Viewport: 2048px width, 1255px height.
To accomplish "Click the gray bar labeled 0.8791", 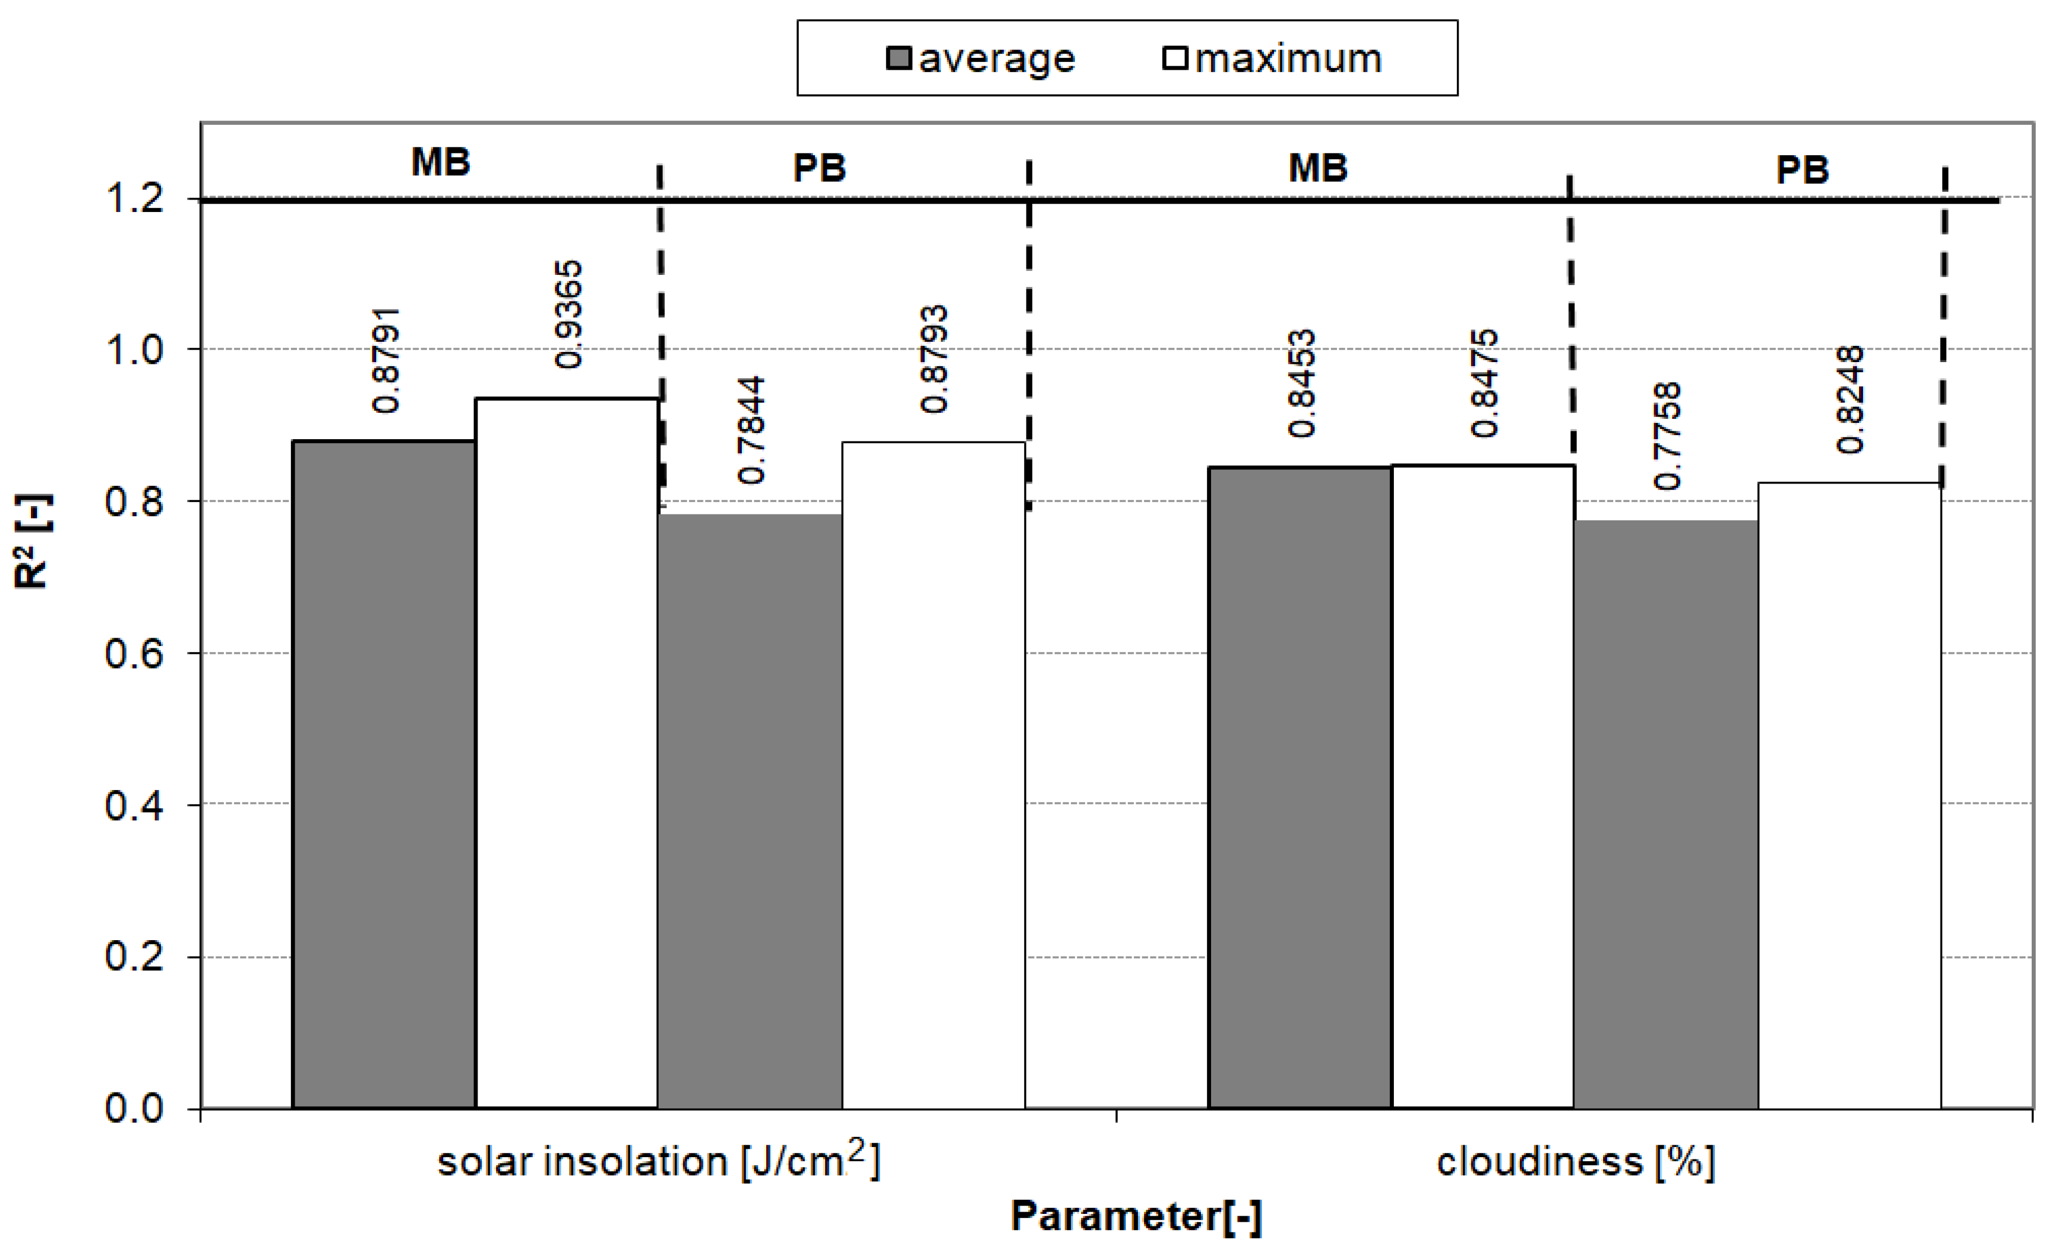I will click(x=384, y=774).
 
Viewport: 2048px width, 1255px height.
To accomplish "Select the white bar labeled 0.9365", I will click(x=567, y=753).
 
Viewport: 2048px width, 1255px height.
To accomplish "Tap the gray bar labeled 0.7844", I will click(x=750, y=810).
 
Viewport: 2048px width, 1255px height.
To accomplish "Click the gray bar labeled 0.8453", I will click(x=1300, y=787).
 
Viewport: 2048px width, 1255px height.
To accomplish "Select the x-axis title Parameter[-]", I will click(x=1136, y=1217).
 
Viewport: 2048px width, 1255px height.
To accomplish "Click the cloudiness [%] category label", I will click(x=1575, y=1162).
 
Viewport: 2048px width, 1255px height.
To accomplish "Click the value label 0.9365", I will click(x=569, y=314).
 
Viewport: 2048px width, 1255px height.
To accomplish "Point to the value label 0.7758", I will click(x=1667, y=436).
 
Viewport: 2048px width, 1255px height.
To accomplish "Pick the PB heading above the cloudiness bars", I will click(x=1802, y=170).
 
